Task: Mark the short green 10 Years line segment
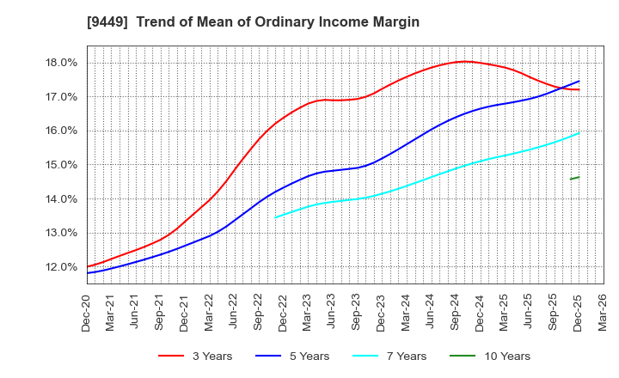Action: [x=574, y=178]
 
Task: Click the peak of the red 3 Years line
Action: [x=465, y=61]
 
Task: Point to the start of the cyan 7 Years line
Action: [x=275, y=216]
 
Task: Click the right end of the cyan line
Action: [x=579, y=133]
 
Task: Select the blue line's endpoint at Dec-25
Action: [x=579, y=82]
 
